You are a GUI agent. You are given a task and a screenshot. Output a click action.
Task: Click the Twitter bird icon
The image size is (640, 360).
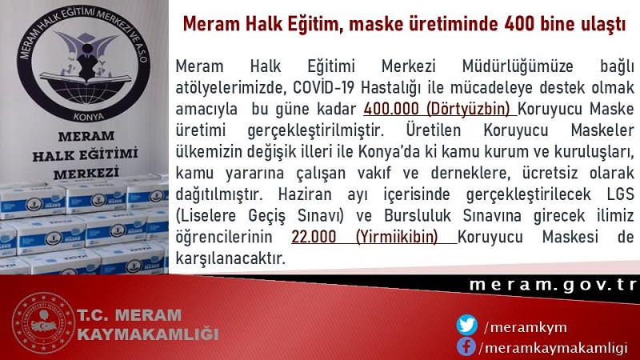click(x=466, y=326)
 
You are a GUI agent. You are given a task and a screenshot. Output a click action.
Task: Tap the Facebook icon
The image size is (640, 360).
click(x=466, y=346)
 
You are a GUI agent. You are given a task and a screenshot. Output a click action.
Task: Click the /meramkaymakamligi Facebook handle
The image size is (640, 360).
click(x=553, y=348)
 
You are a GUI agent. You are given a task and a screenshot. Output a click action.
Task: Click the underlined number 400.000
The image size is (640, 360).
click(x=391, y=109)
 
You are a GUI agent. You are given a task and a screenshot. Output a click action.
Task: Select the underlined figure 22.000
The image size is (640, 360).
click(x=314, y=237)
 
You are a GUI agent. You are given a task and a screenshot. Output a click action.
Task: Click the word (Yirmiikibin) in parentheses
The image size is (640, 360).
click(x=397, y=237)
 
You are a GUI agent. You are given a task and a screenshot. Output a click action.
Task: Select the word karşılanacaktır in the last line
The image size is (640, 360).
click(x=230, y=258)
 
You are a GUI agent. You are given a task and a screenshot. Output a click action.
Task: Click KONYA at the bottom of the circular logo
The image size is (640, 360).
click(x=89, y=117)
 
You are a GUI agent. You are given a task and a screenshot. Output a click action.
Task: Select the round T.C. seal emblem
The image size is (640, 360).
click(x=43, y=323)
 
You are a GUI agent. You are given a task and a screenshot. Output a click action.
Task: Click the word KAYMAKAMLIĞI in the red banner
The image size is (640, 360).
click(x=148, y=334)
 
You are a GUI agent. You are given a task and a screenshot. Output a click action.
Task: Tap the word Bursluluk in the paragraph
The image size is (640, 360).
click(x=417, y=215)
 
